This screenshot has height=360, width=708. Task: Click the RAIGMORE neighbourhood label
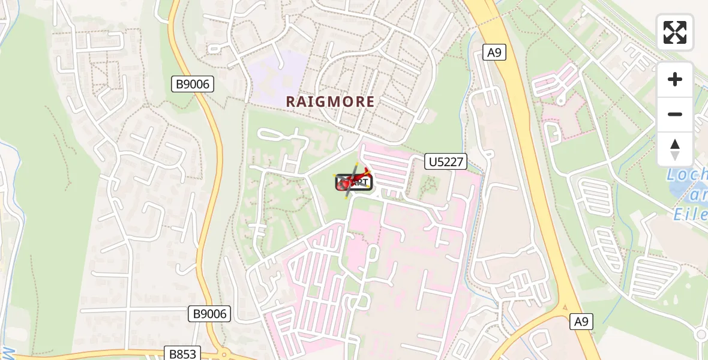click(x=330, y=101)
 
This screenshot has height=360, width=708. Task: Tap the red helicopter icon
click(x=354, y=181)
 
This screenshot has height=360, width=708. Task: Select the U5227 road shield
click(x=446, y=161)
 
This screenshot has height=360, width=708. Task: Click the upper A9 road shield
click(x=494, y=52)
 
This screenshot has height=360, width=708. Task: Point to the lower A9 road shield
click(x=580, y=322)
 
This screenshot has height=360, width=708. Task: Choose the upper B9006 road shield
click(x=192, y=84)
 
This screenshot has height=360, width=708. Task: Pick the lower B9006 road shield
click(x=209, y=313)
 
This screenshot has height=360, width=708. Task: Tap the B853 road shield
click(x=182, y=353)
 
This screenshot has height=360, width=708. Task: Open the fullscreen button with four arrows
click(x=675, y=32)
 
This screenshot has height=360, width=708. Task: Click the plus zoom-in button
click(x=675, y=79)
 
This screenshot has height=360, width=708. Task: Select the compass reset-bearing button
click(x=675, y=149)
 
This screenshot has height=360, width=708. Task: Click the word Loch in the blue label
click(x=687, y=176)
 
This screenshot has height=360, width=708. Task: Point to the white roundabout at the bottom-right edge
click(x=701, y=334)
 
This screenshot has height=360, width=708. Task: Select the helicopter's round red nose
click(x=344, y=185)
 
